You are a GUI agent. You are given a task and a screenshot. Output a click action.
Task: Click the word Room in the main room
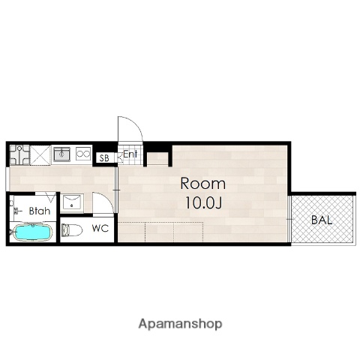202,184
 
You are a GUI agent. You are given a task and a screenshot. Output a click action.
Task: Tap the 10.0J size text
203,202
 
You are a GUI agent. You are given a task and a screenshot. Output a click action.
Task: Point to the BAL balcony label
322,220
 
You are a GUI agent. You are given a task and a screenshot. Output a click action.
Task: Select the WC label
100,228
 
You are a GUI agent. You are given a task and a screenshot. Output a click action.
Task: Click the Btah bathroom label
40,211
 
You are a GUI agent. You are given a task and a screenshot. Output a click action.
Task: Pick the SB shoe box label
104,158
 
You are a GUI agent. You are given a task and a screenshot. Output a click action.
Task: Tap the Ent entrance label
130,154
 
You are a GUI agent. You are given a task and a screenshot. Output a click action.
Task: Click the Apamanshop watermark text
180,324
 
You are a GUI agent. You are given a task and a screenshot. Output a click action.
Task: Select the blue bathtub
33,232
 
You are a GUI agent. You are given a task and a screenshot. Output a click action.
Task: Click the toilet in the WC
72,230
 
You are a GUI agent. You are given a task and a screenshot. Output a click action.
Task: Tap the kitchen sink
61,154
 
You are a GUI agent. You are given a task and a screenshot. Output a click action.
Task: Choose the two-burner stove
83,153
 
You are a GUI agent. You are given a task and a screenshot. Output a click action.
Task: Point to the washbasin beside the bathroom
72,202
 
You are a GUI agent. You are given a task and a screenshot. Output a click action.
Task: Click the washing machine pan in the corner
19,154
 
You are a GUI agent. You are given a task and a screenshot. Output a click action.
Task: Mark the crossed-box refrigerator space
40,155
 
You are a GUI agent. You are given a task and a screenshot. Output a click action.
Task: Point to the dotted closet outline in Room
160,232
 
